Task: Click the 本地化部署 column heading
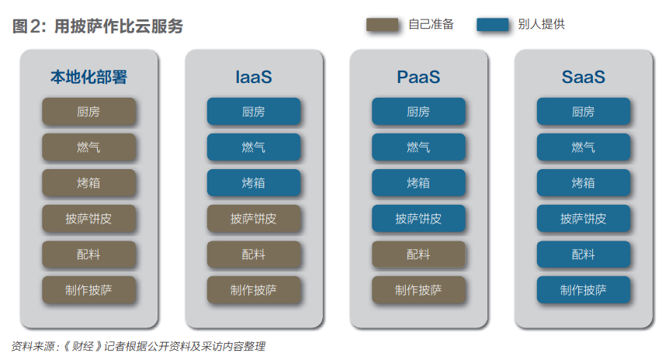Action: [88, 78]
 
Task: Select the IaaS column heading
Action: [254, 78]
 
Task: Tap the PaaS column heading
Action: [418, 78]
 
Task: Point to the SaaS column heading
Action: [584, 78]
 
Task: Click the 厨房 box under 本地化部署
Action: [88, 112]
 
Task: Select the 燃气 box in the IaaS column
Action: [254, 147]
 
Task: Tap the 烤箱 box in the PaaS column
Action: [418, 183]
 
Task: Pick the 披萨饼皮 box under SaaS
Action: [584, 219]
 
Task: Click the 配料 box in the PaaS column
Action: [418, 254]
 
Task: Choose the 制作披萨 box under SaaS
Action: [584, 290]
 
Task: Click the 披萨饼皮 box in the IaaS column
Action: [254, 219]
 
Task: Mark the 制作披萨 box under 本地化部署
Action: [88, 290]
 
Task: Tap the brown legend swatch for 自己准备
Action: [382, 25]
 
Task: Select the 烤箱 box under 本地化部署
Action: [88, 183]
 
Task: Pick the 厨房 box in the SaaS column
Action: [584, 112]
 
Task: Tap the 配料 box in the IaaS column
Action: [254, 254]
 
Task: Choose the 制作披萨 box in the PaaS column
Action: [418, 290]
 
